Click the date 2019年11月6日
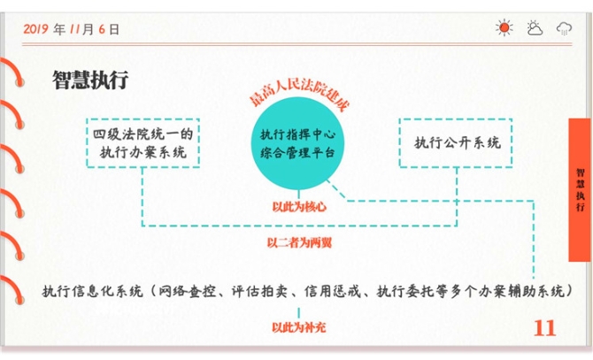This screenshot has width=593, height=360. tap(72, 29)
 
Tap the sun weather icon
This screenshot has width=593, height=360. tap(504, 28)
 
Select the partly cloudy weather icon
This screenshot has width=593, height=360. tap(535, 28)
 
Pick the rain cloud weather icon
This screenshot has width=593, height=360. tap(564, 28)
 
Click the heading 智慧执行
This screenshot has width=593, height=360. tap(91, 80)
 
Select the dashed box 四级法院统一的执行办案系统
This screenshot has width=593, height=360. tap(142, 142)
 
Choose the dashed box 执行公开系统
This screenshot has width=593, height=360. tap(457, 142)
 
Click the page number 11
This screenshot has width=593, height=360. tap(545, 328)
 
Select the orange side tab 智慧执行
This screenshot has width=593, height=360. tap(580, 189)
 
